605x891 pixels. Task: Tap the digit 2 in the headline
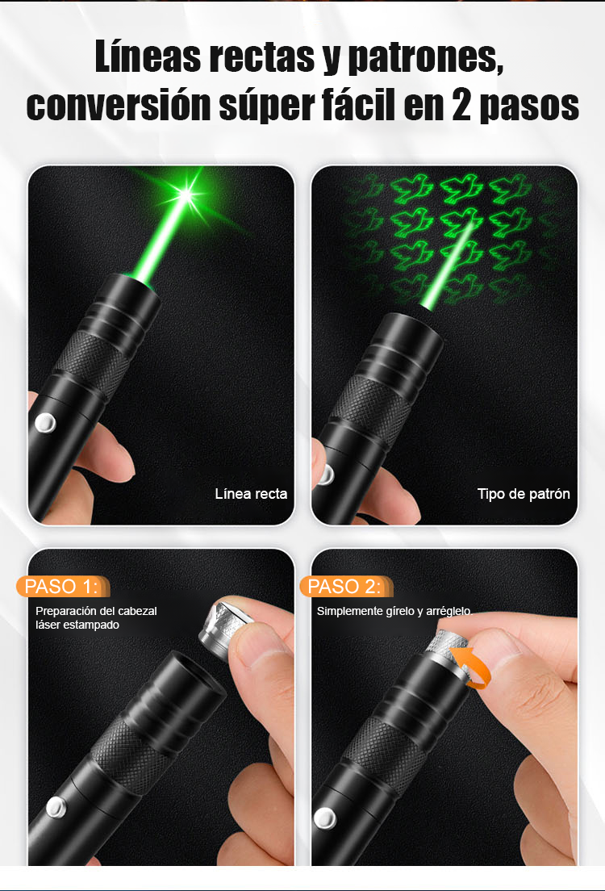[x=461, y=105]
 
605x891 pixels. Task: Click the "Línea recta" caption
[x=251, y=494]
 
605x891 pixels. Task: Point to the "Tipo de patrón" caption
[x=524, y=494]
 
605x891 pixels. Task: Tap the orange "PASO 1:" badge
[x=61, y=587]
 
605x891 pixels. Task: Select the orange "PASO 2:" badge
[x=344, y=587]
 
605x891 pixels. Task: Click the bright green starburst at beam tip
[x=186, y=195]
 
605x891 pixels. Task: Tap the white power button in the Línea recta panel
[x=45, y=422]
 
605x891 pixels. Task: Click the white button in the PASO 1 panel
[x=56, y=807]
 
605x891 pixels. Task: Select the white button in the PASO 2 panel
[x=325, y=818]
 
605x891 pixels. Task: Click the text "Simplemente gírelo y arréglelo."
[x=394, y=612]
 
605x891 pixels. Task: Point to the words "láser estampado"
[x=77, y=625]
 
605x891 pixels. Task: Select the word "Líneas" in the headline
[x=148, y=56]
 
